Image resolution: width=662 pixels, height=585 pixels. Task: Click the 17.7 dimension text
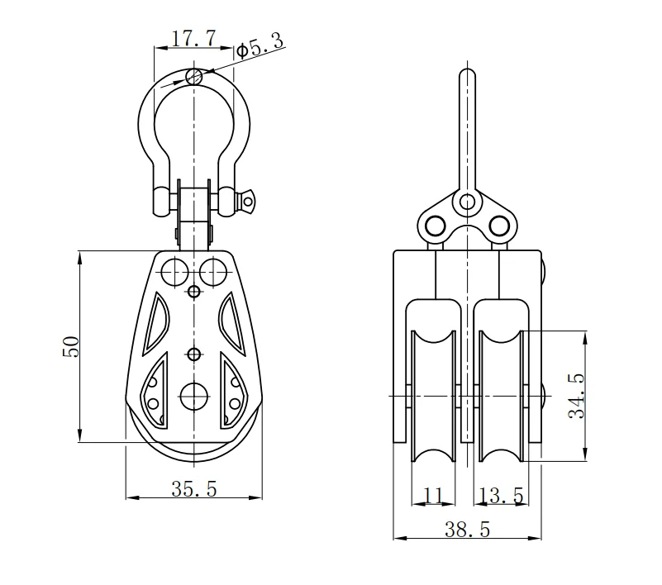click(193, 38)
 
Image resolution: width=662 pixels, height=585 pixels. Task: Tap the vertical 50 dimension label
click(72, 346)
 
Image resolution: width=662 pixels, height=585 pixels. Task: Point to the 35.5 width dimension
click(194, 489)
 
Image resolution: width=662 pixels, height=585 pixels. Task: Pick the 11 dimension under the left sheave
click(433, 496)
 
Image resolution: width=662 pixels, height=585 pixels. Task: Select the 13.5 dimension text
click(501, 496)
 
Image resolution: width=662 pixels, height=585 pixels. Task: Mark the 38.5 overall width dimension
click(467, 530)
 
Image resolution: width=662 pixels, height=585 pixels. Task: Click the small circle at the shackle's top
click(194, 77)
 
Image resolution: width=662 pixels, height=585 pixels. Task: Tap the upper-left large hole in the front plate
click(174, 270)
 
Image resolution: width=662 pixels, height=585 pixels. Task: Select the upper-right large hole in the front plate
click(214, 270)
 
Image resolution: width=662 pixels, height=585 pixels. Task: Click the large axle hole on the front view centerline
click(194, 396)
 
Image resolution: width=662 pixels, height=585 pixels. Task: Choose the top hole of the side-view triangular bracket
click(468, 201)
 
